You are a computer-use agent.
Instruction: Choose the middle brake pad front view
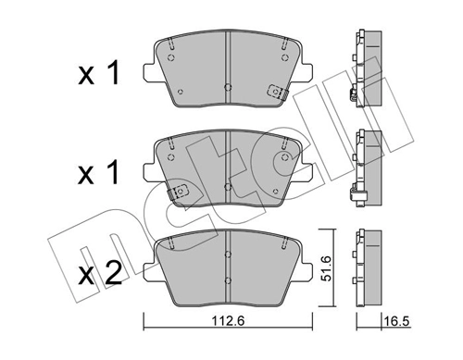point(227,167)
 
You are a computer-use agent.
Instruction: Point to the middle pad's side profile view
point(366,168)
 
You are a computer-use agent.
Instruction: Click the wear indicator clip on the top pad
point(275,91)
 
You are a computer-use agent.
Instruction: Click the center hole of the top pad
point(228,87)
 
